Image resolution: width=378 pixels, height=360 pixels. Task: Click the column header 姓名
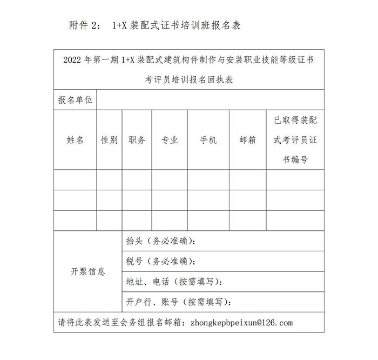(75, 140)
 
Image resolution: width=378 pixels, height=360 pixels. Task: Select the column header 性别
(110, 140)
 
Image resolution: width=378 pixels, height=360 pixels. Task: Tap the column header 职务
(137, 140)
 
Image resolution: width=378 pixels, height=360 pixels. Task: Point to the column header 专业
(170, 140)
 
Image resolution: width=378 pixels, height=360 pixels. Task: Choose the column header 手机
(208, 140)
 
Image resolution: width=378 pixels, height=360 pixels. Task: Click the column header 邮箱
(247, 140)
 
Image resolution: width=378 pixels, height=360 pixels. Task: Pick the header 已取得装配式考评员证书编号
(295, 140)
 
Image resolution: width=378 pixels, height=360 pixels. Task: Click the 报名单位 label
(75, 100)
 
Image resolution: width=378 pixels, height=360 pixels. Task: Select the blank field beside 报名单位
(211, 100)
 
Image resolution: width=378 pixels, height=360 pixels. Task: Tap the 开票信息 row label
(88, 271)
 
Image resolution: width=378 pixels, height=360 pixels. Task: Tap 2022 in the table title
(73, 60)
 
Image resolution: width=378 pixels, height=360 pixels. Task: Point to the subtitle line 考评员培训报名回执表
(189, 79)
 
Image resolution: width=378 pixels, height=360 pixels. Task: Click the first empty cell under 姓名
(75, 179)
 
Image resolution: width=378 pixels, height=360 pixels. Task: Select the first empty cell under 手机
(208, 179)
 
